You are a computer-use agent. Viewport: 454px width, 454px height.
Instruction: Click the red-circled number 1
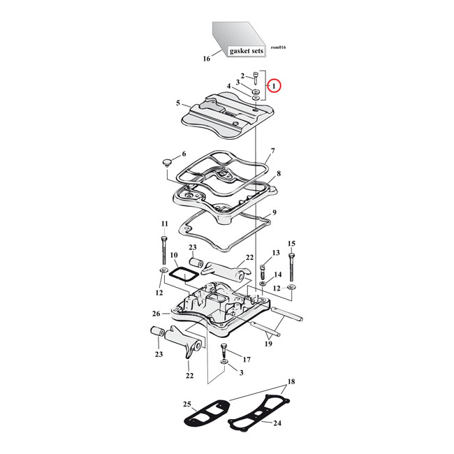[x=274, y=86]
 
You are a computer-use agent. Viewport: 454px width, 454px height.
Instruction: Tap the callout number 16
[x=206, y=59]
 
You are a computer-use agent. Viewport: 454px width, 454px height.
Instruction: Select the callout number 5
[x=178, y=103]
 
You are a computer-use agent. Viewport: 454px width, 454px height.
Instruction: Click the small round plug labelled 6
[x=166, y=163]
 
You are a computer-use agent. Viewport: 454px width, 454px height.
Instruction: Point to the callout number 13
[x=275, y=252]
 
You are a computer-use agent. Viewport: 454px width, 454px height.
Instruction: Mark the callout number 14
[x=277, y=274]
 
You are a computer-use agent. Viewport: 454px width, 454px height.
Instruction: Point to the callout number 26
[x=156, y=313]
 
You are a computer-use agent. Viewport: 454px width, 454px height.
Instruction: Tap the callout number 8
[x=278, y=173]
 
